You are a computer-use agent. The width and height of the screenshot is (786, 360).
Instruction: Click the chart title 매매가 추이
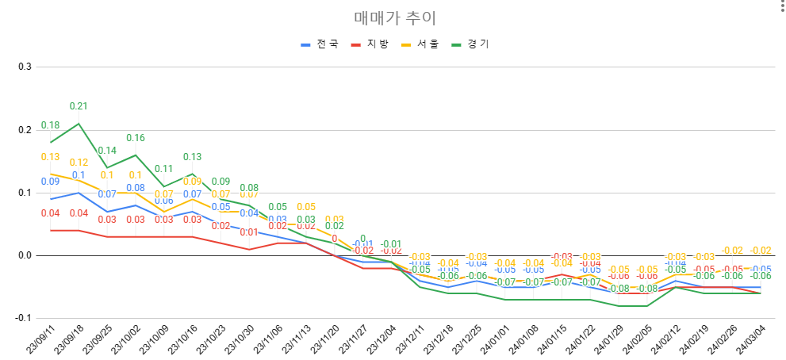394,17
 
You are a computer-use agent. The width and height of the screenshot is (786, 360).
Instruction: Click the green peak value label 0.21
79,106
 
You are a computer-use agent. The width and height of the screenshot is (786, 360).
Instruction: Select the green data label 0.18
50,125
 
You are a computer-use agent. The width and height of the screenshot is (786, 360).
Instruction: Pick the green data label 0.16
136,138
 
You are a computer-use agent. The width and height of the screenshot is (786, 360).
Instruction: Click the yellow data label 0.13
50,157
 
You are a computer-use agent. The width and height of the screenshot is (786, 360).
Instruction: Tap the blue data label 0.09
50,182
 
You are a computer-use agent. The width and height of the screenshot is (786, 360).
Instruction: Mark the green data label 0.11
164,169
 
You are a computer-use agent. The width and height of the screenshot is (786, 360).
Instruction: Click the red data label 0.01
249,232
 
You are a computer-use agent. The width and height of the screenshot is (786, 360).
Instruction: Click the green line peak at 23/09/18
79,123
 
